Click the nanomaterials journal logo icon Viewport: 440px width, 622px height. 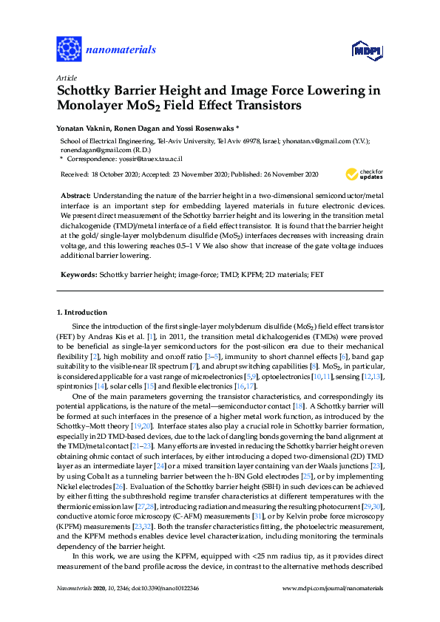click(70, 49)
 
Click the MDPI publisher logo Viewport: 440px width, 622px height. click(367, 50)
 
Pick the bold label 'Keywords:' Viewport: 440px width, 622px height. click(78, 274)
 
